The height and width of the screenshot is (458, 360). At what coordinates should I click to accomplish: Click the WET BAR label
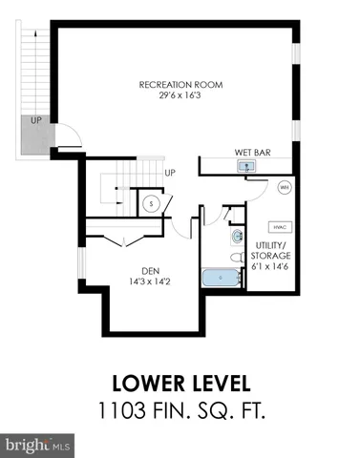(252, 152)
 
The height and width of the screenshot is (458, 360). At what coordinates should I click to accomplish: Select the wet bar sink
(246, 166)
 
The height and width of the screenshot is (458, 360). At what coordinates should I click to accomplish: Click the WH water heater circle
(284, 188)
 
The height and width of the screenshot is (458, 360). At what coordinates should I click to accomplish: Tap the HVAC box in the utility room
(280, 227)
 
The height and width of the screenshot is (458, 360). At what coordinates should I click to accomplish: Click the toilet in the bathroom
(236, 257)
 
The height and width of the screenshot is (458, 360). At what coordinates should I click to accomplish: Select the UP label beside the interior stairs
(170, 173)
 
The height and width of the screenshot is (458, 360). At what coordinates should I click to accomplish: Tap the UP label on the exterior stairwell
(35, 121)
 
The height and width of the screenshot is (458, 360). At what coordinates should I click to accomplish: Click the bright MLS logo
(38, 445)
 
